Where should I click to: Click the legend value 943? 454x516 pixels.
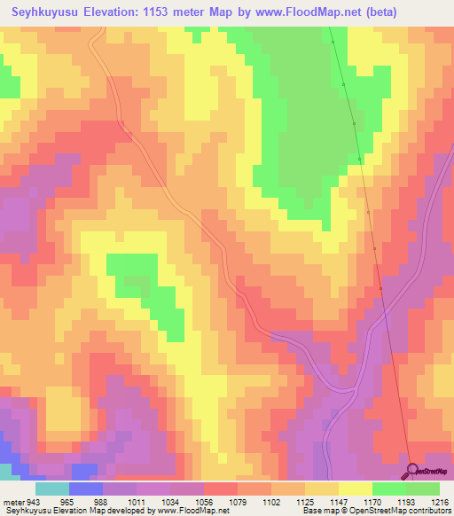(27, 501)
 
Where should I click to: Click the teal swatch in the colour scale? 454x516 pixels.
(52, 489)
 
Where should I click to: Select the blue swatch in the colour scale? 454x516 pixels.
(86, 489)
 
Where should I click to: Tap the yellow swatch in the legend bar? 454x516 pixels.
(355, 489)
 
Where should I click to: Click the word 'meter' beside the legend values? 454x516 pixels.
(10, 501)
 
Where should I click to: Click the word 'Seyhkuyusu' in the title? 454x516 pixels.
(48, 12)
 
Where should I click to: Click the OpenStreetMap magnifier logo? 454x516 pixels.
(412, 471)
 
